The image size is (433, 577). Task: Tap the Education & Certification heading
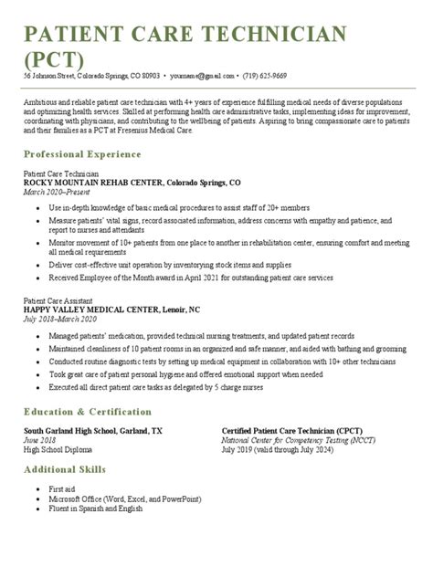pyautogui.click(x=88, y=412)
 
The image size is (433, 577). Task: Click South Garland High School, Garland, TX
pyautogui.click(x=93, y=430)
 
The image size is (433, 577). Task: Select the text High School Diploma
pyautogui.click(x=58, y=448)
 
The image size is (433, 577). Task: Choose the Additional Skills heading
pyautogui.click(x=69, y=469)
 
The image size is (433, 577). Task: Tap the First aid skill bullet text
pyautogui.click(x=62, y=489)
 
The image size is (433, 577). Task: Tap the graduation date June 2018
pyautogui.click(x=40, y=439)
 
